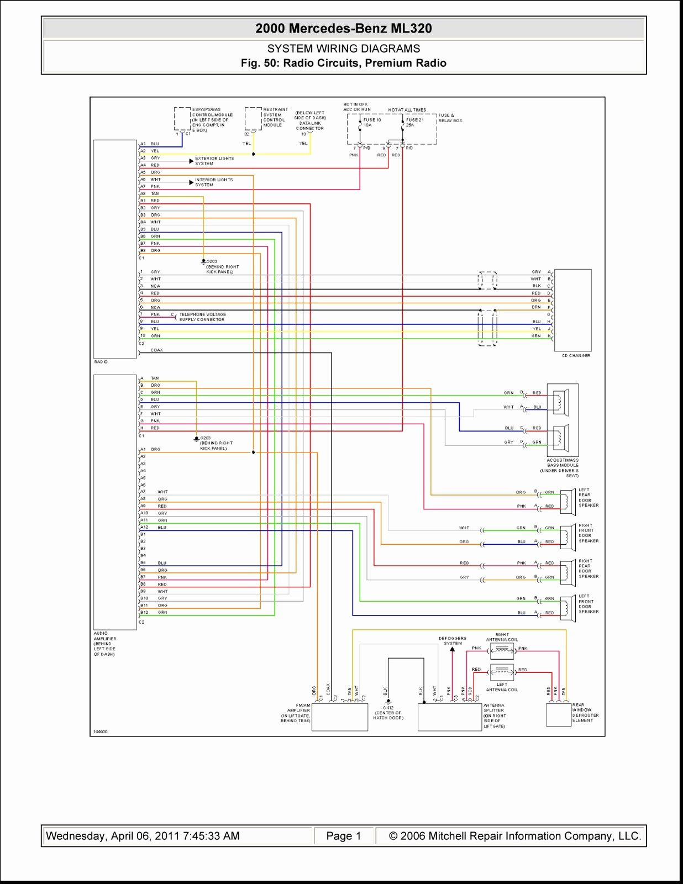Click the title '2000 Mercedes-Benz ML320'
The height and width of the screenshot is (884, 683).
click(343, 29)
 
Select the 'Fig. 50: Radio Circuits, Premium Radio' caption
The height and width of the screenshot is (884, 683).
click(343, 64)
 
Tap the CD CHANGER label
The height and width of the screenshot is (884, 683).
click(576, 356)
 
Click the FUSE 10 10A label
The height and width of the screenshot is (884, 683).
click(371, 122)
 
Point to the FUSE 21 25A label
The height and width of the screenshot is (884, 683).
click(414, 122)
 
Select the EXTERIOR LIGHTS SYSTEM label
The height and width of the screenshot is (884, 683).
click(214, 161)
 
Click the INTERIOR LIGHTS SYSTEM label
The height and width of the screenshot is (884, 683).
click(213, 182)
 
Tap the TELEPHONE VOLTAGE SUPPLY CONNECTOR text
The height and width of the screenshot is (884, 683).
click(202, 317)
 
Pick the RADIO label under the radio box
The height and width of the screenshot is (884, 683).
click(101, 362)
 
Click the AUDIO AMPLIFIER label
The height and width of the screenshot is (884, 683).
click(104, 644)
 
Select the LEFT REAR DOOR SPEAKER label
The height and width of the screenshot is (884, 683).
click(588, 497)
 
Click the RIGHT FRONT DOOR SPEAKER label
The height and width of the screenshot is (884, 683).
click(588, 533)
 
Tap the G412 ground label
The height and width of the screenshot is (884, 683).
click(388, 713)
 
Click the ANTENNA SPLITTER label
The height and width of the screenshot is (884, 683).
click(495, 715)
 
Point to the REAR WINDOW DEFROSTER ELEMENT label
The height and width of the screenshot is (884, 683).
click(585, 713)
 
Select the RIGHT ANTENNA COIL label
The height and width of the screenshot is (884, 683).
click(502, 637)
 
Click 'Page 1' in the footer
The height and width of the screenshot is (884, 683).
click(343, 836)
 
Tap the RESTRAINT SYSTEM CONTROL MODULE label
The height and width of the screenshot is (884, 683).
click(275, 117)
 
